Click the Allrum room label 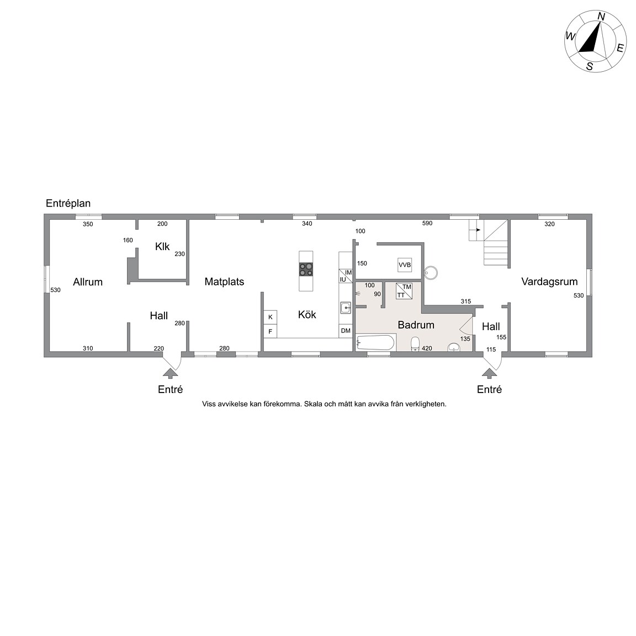coord(88,282)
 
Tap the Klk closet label coord(162,247)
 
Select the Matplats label coord(224,282)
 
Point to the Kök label coord(307,314)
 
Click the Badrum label coord(416,325)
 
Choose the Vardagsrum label coord(549,282)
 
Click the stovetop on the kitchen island coord(306,269)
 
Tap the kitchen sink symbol coord(346,308)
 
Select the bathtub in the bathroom coord(375,342)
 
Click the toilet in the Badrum coord(415,344)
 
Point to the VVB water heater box coord(405,265)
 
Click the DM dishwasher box coord(346,331)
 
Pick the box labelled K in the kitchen coord(270,317)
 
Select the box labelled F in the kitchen coord(270,331)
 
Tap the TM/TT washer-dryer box coord(404,291)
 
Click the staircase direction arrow coord(475,230)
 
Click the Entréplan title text coord(68,203)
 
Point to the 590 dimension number coord(427,223)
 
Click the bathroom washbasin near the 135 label coord(454,347)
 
